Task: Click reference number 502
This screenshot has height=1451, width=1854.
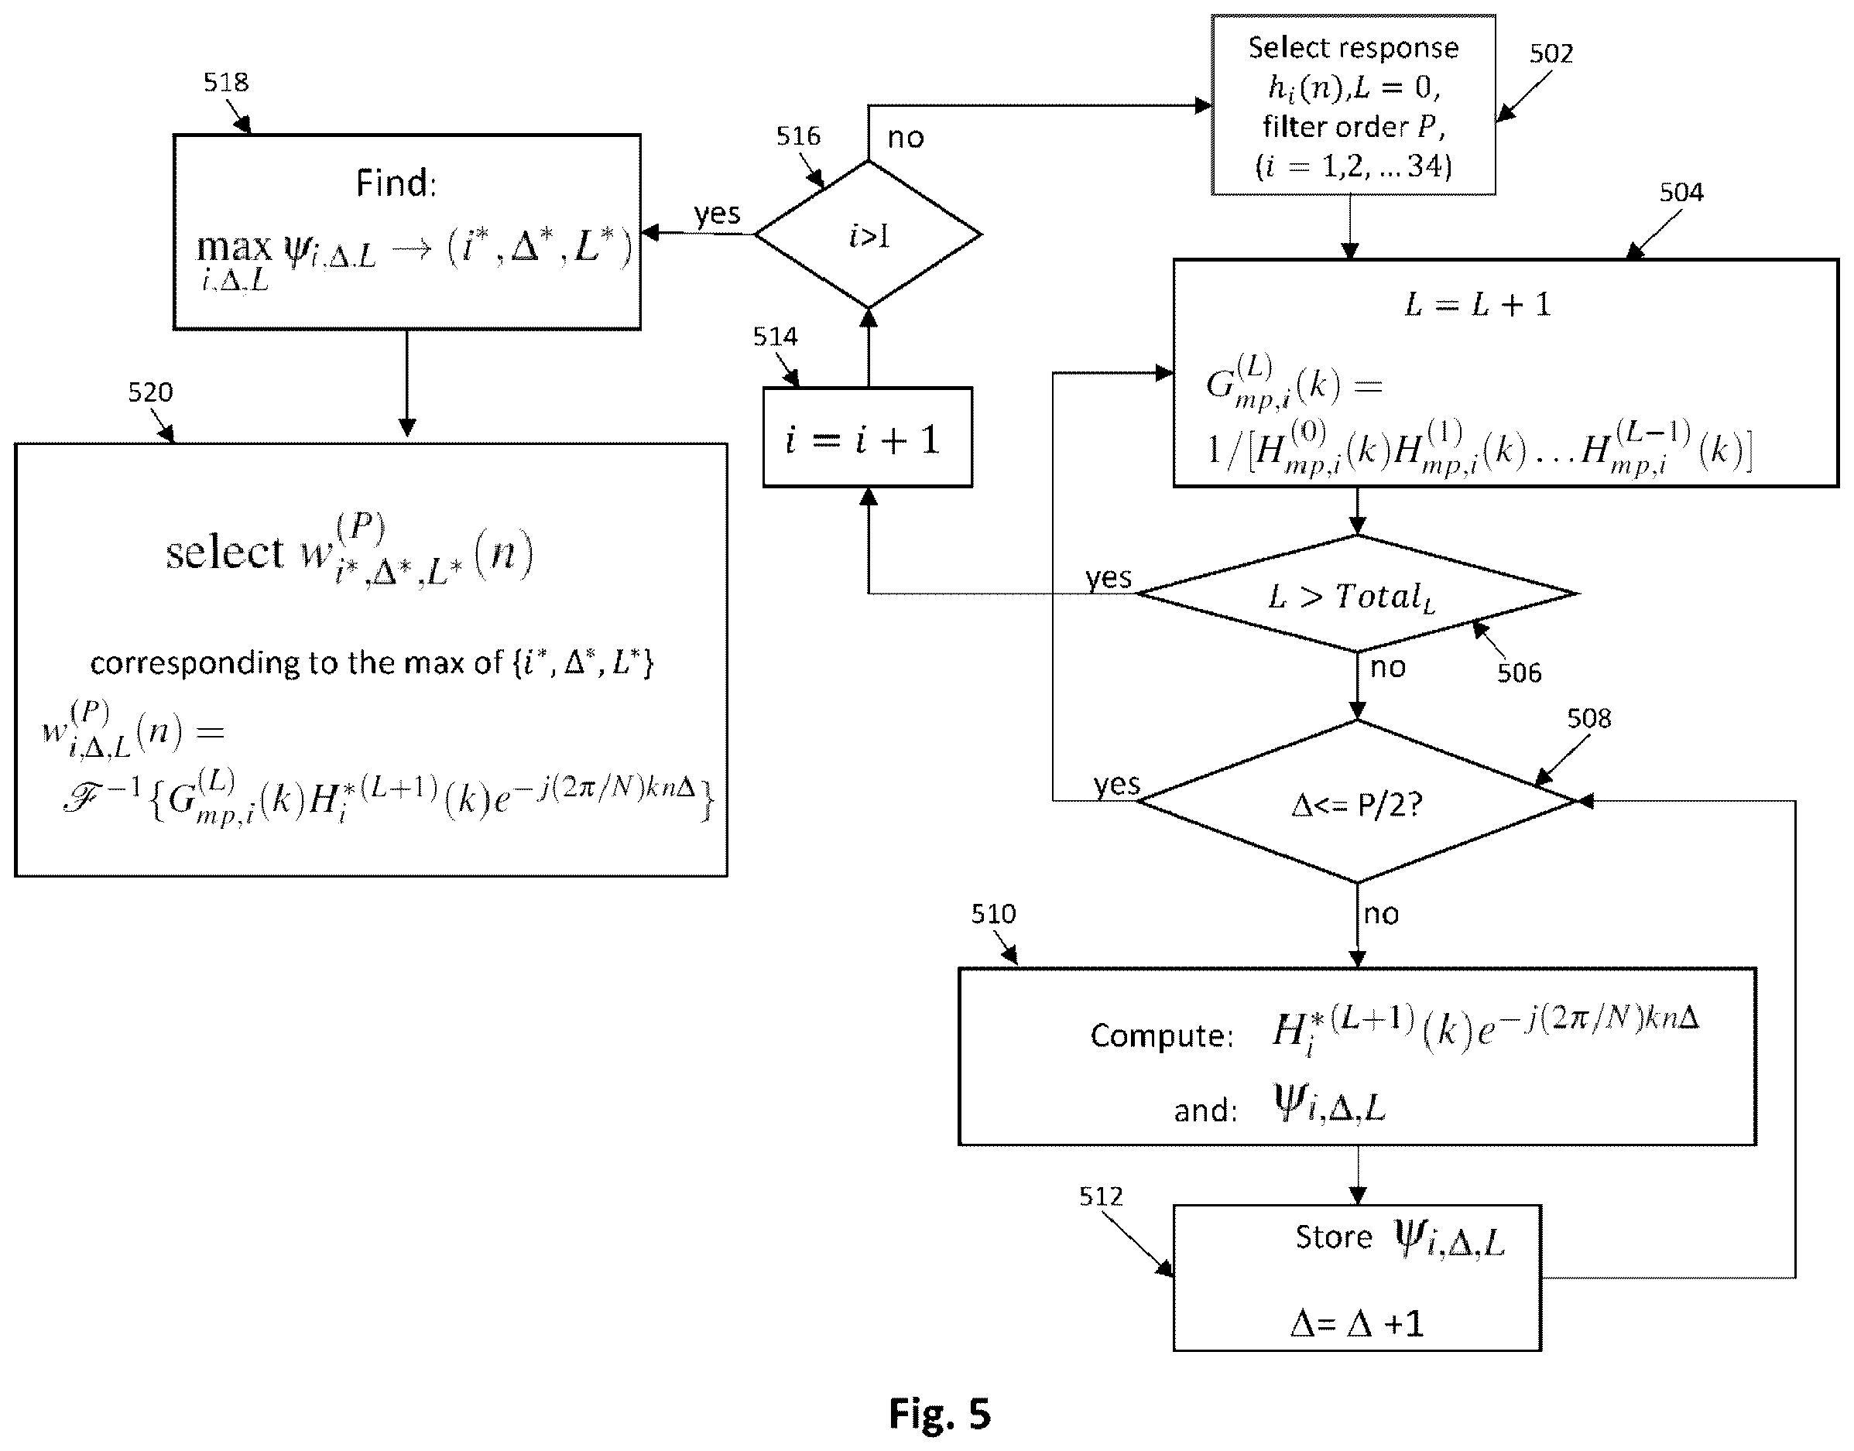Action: pyautogui.click(x=1551, y=53)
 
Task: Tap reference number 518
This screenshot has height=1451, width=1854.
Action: pyautogui.click(x=225, y=82)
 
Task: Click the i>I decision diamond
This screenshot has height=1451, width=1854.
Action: pyautogui.click(x=869, y=234)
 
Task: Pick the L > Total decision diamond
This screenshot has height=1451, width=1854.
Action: pyautogui.click(x=1357, y=594)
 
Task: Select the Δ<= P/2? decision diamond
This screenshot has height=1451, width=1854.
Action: pyautogui.click(x=1357, y=801)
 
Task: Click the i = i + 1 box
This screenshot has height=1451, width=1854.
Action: pyautogui.click(x=868, y=437)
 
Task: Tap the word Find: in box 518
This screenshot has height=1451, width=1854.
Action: pyautogui.click(x=396, y=183)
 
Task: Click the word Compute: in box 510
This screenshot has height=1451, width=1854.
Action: pyautogui.click(x=1161, y=1035)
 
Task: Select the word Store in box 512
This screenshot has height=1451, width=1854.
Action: pyautogui.click(x=1333, y=1237)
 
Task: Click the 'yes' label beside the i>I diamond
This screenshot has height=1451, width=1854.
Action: pyautogui.click(x=716, y=214)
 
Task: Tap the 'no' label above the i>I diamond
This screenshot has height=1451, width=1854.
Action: pyautogui.click(x=905, y=138)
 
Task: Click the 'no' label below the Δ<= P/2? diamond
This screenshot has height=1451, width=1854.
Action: pyautogui.click(x=1381, y=914)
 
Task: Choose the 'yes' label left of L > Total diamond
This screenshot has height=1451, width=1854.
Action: pyautogui.click(x=1108, y=577)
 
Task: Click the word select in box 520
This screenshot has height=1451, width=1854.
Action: pyautogui.click(x=224, y=553)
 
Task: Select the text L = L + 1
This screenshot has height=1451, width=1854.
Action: pyautogui.click(x=1479, y=304)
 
